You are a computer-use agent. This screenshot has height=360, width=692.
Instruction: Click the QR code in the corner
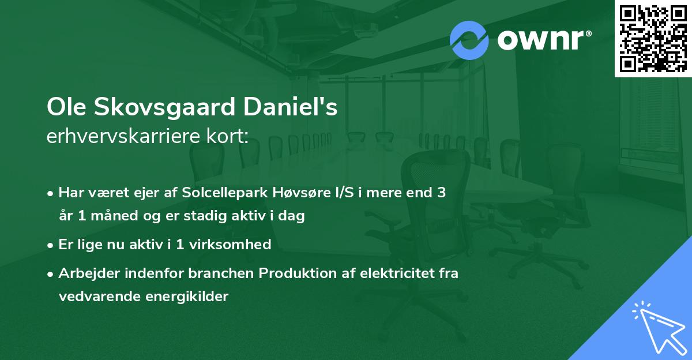(x=653, y=38)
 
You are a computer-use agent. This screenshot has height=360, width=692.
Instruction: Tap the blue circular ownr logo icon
(x=469, y=40)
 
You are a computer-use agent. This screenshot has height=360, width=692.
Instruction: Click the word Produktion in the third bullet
(x=297, y=273)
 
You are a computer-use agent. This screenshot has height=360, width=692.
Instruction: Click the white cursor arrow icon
(x=657, y=326)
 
